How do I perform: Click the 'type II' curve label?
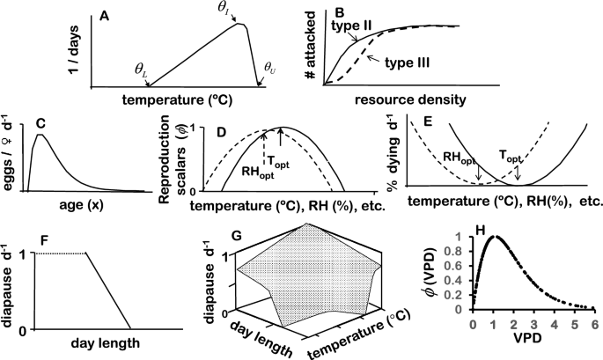[x=352, y=27]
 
